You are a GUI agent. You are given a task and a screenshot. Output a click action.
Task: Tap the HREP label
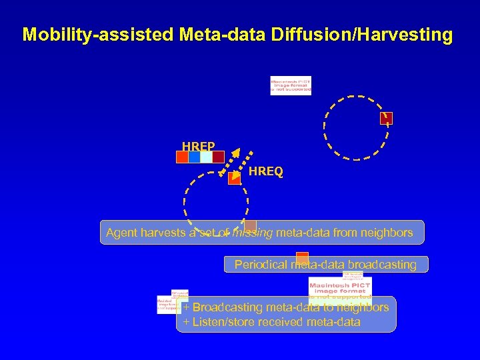[198, 146]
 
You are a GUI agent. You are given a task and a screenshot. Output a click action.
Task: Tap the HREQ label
[265, 172]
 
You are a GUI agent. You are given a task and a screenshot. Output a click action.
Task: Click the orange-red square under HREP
[182, 157]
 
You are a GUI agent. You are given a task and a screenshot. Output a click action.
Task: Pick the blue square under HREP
[194, 157]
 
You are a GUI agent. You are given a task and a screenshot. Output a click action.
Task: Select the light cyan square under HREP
[206, 157]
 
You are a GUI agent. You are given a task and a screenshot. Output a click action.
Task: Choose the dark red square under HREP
[218, 157]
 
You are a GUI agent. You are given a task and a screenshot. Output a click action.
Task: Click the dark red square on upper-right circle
[387, 119]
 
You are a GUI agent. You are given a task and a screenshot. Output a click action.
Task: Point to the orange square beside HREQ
[234, 178]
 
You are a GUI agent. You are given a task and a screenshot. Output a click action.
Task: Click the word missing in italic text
[253, 233]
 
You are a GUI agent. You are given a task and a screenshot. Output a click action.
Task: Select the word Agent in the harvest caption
[121, 233]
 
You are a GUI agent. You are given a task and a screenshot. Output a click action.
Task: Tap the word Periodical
[262, 265]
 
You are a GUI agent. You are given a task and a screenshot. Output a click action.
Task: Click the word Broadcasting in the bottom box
[227, 307]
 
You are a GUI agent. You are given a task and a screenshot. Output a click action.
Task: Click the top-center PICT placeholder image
[291, 86]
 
